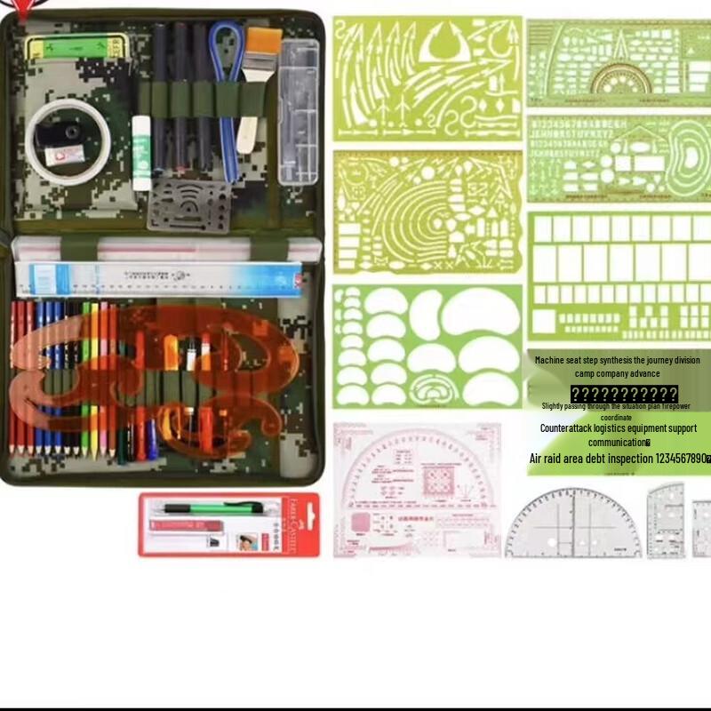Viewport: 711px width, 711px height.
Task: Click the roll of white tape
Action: pyautogui.click(x=67, y=138)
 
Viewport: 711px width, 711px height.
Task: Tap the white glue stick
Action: pyautogui.click(x=142, y=153)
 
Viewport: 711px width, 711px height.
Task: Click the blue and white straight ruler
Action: pyautogui.click(x=160, y=278)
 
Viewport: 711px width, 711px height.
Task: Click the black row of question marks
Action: pyautogui.click(x=624, y=394)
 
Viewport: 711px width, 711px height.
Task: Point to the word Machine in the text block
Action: pyautogui.click(x=555, y=360)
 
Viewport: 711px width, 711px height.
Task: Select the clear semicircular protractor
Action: pyautogui.click(x=573, y=524)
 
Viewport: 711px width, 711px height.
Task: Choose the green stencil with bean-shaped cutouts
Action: pyautogui.click(x=427, y=346)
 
